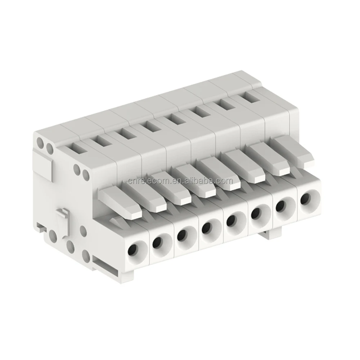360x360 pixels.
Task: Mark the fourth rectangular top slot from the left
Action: pyautogui.click(x=150, y=126)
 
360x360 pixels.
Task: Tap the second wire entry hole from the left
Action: pyautogui.click(x=158, y=242)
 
